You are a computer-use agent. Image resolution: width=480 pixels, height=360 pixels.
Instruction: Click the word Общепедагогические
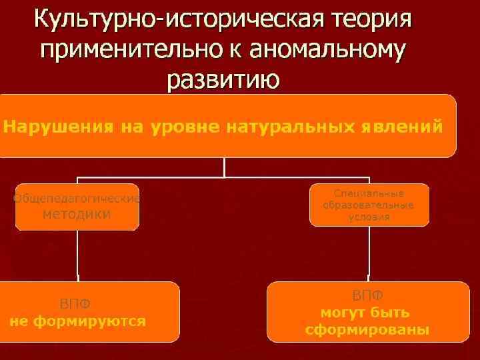coord(77,198)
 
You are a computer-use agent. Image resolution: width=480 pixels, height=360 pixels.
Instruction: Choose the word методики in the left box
coord(77,214)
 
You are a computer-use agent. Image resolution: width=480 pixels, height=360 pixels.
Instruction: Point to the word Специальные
coord(369,193)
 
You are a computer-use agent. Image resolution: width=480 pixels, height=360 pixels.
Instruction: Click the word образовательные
coord(369,205)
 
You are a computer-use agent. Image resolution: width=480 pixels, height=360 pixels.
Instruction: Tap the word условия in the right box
coord(369,217)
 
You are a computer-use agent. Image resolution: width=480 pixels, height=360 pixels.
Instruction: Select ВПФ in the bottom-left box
coord(75,304)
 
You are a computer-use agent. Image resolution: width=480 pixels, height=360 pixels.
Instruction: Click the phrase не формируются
coord(77,320)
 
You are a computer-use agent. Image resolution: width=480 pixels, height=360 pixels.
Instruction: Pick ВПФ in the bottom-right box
coord(367,295)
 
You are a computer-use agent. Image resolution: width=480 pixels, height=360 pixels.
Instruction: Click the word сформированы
coord(367,330)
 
